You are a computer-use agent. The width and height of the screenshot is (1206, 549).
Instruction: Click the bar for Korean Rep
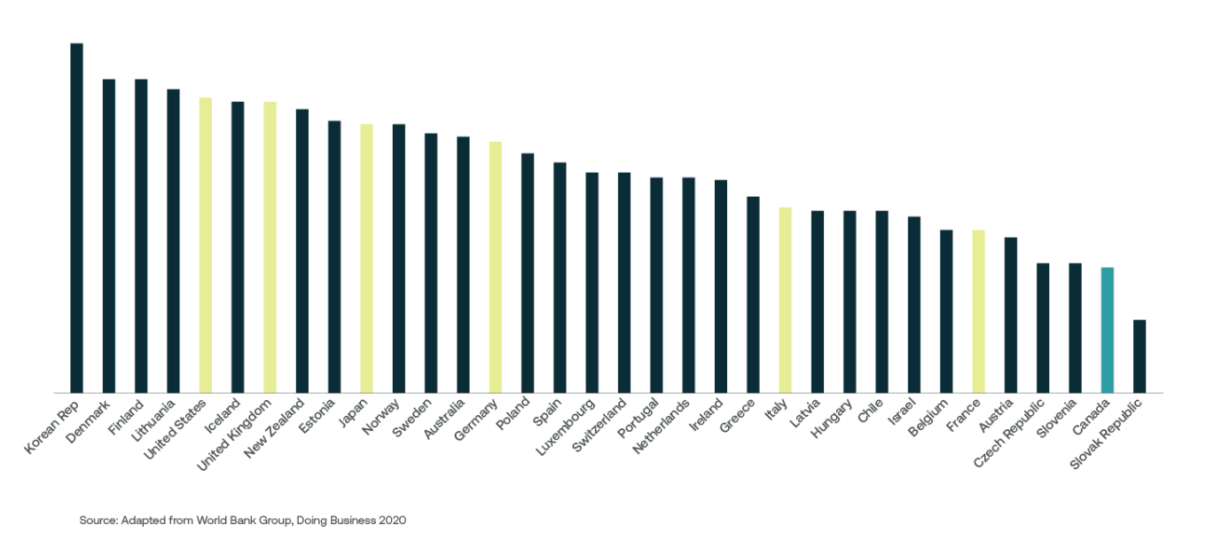point(76,217)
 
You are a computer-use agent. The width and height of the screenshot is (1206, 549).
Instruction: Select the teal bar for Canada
point(1107,330)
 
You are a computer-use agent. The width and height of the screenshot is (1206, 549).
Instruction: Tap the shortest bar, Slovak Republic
point(1139,356)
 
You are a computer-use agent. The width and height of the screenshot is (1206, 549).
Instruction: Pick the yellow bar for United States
point(205,245)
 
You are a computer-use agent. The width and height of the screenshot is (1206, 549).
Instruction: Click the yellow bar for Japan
point(366,258)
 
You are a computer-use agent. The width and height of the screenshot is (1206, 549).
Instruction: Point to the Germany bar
point(495,267)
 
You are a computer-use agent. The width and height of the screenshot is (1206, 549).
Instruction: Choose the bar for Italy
point(785,300)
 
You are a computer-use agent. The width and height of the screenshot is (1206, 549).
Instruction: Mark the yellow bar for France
point(978,311)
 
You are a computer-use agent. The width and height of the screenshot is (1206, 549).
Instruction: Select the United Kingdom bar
point(270,247)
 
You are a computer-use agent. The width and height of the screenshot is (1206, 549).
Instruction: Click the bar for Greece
point(753,294)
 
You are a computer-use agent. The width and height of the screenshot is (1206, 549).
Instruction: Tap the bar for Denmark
point(108,236)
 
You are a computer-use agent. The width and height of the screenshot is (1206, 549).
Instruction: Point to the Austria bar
point(1010,315)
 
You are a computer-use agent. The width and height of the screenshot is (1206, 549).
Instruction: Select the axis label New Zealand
point(276,429)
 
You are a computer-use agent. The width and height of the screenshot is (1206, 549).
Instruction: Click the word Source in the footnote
point(98,521)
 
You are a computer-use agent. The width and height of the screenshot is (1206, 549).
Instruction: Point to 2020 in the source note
point(392,521)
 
